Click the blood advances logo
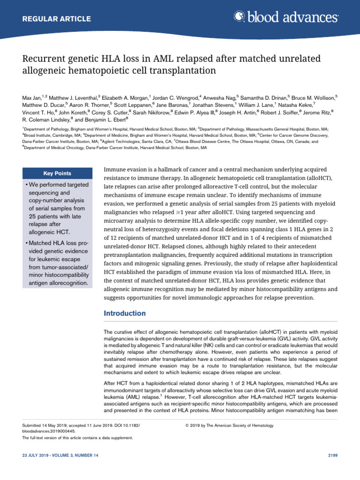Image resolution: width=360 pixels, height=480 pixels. pyautogui.click(x=285, y=17)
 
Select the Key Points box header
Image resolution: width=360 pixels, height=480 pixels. pyautogui.click(x=57, y=173)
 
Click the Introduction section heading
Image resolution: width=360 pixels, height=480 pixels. pyautogui.click(x=124, y=313)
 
